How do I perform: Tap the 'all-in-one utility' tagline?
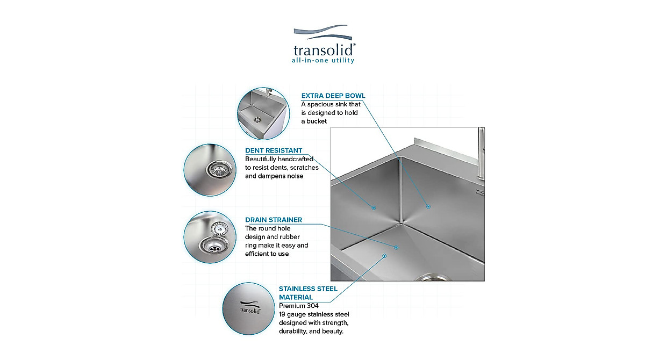tap(323, 61)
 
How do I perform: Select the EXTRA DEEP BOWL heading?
tap(333, 96)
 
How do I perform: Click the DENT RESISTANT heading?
tap(274, 150)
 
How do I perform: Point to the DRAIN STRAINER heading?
tap(274, 220)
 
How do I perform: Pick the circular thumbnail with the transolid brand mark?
tap(248, 308)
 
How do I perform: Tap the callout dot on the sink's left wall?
tap(374, 207)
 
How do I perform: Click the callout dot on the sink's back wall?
tap(428, 206)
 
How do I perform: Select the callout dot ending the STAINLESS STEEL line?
tap(385, 256)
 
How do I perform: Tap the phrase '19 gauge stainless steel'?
tap(314, 314)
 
